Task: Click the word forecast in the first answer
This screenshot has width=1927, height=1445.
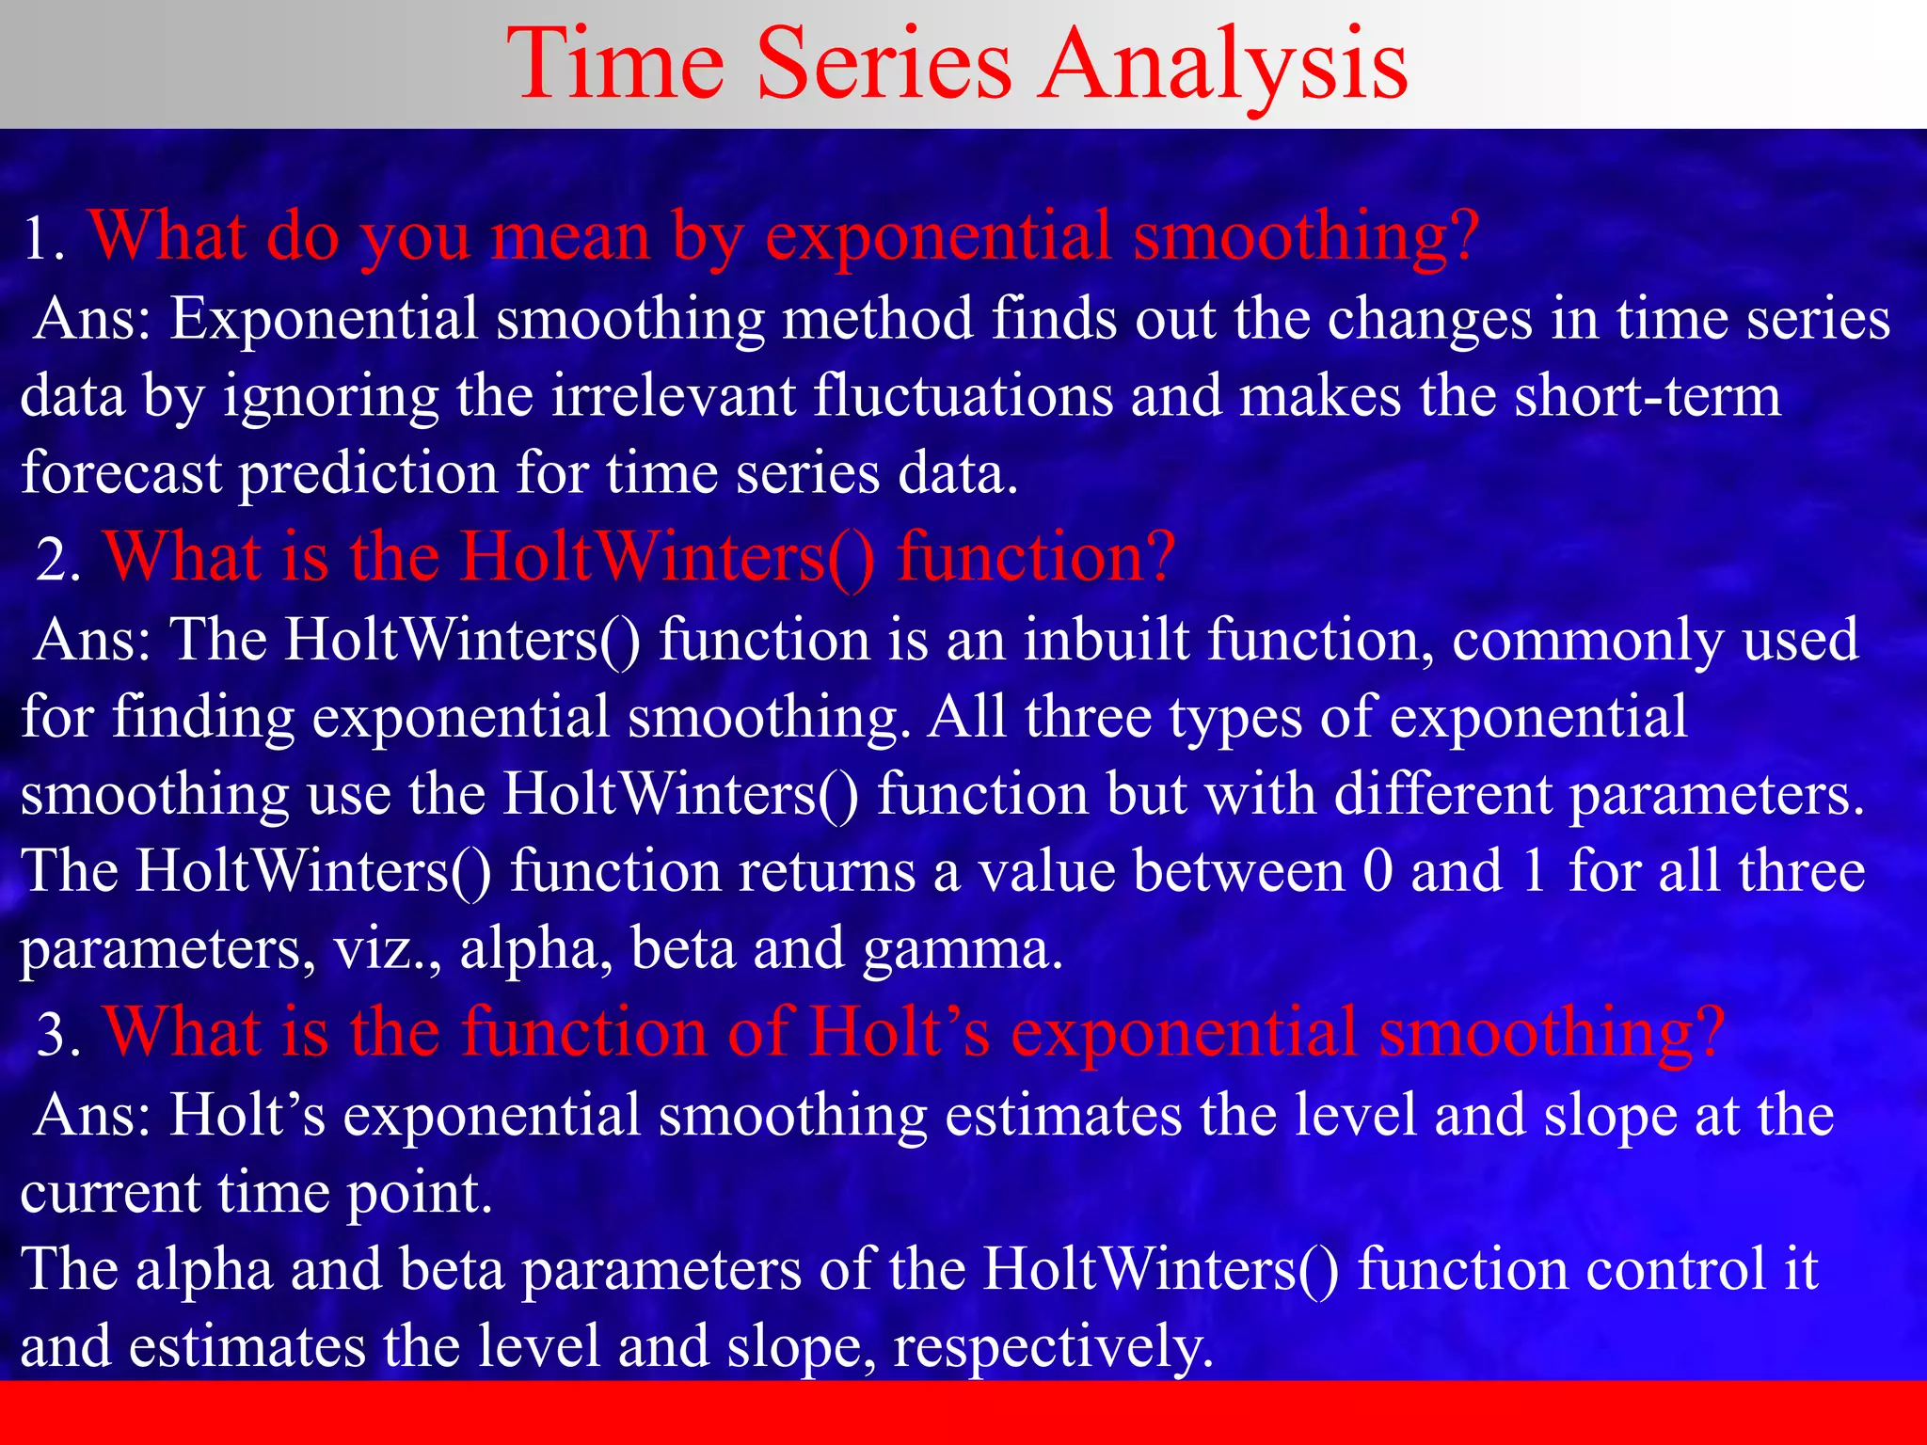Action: [120, 472]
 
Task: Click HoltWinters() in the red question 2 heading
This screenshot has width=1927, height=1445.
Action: [667, 557]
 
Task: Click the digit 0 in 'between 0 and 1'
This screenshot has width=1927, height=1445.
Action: [1378, 871]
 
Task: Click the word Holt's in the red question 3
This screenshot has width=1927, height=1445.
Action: [899, 1032]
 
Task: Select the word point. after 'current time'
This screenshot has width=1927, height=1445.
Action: [420, 1194]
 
